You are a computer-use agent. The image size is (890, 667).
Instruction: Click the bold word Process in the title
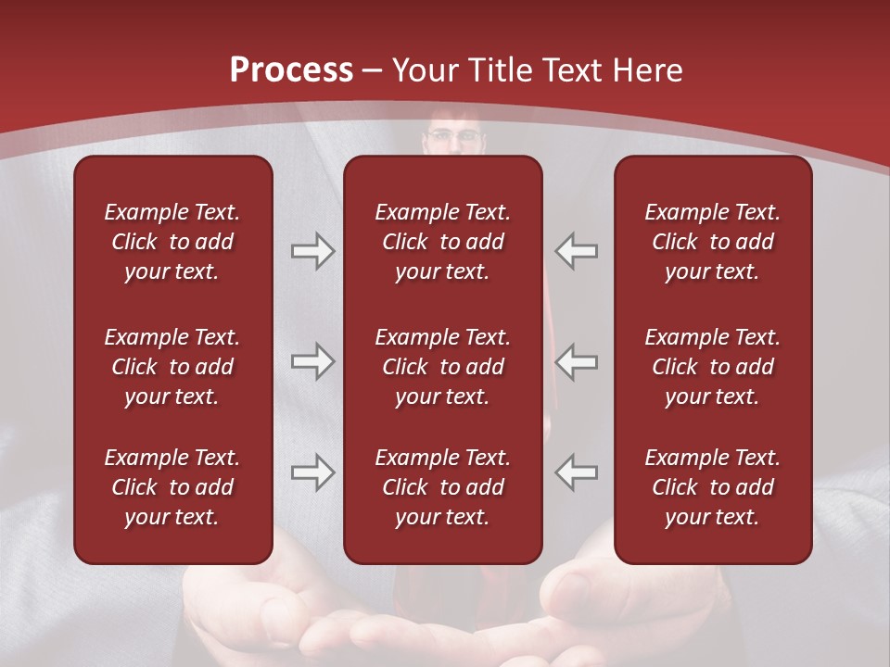(x=291, y=70)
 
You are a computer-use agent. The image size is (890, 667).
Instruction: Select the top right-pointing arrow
(x=313, y=251)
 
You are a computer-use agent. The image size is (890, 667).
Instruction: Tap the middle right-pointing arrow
(x=313, y=361)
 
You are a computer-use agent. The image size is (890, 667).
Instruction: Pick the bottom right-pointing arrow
(x=313, y=472)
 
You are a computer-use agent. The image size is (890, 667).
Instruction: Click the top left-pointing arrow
(x=577, y=251)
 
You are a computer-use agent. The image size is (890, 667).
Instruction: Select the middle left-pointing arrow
(x=577, y=361)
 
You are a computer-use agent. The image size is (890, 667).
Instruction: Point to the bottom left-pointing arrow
(x=577, y=472)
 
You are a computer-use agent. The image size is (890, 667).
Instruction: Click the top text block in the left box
(x=172, y=242)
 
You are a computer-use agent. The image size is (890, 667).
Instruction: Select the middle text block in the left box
(x=172, y=367)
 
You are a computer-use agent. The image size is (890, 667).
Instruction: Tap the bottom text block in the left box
(x=172, y=487)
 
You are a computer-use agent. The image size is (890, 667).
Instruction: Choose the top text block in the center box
(x=442, y=242)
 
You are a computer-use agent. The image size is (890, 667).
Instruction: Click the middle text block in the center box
(x=442, y=367)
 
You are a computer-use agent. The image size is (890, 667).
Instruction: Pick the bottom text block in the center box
(x=442, y=487)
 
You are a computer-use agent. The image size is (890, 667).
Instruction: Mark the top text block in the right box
(x=712, y=242)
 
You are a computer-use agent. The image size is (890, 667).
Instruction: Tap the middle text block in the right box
(x=712, y=367)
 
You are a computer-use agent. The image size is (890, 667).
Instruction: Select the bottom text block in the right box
(x=712, y=487)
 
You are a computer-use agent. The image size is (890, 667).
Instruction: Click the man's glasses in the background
(x=454, y=137)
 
